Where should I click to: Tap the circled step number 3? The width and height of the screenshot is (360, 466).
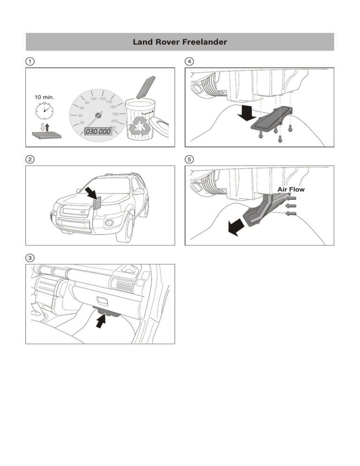tap(29, 257)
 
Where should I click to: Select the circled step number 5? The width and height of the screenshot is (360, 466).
tap(189, 159)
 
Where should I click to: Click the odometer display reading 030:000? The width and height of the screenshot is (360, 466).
tap(98, 132)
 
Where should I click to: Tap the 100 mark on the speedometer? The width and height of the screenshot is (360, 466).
tap(93, 99)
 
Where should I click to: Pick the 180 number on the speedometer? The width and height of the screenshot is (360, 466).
tap(114, 113)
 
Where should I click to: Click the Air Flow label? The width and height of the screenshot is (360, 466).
tap(291, 190)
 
